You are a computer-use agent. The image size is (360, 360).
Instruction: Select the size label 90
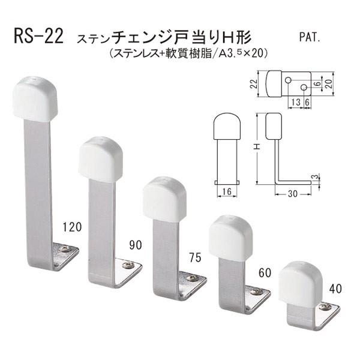(x=136, y=245)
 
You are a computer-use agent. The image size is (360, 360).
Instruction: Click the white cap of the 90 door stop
(x=100, y=158)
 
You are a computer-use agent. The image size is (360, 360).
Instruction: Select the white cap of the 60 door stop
(x=229, y=238)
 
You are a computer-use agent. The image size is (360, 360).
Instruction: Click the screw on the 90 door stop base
(x=128, y=265)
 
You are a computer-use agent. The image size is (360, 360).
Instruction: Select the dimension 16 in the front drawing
(x=226, y=192)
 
